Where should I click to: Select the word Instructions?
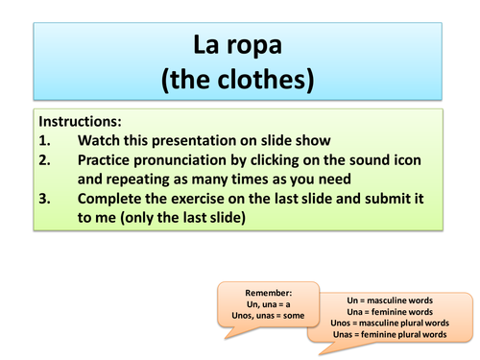point(81,123)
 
